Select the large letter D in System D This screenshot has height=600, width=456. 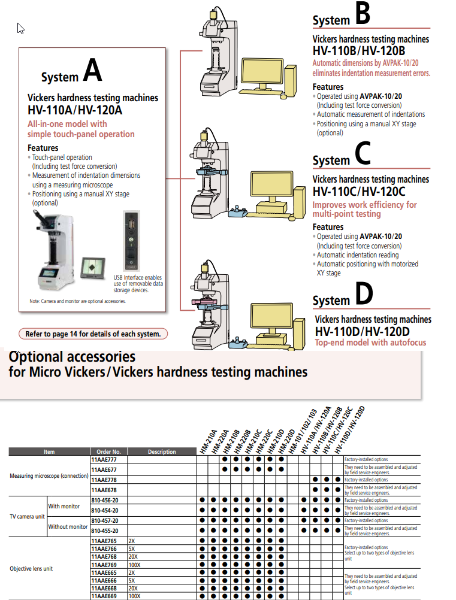click(363, 294)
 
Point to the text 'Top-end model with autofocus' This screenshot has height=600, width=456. click(370, 343)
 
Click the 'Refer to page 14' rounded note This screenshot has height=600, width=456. click(93, 334)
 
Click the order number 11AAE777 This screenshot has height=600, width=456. click(104, 459)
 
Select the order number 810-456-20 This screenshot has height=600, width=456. click(104, 500)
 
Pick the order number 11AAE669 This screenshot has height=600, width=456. click(104, 596)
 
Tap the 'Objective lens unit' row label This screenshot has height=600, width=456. click(31, 568)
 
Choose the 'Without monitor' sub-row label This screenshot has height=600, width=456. click(68, 526)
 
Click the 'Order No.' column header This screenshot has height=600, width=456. click(108, 451)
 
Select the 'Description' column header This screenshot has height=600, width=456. click(162, 451)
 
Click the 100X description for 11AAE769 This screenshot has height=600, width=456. click(134, 564)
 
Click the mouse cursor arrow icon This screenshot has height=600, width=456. click(20, 28)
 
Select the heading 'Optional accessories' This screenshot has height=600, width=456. click(72, 357)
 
